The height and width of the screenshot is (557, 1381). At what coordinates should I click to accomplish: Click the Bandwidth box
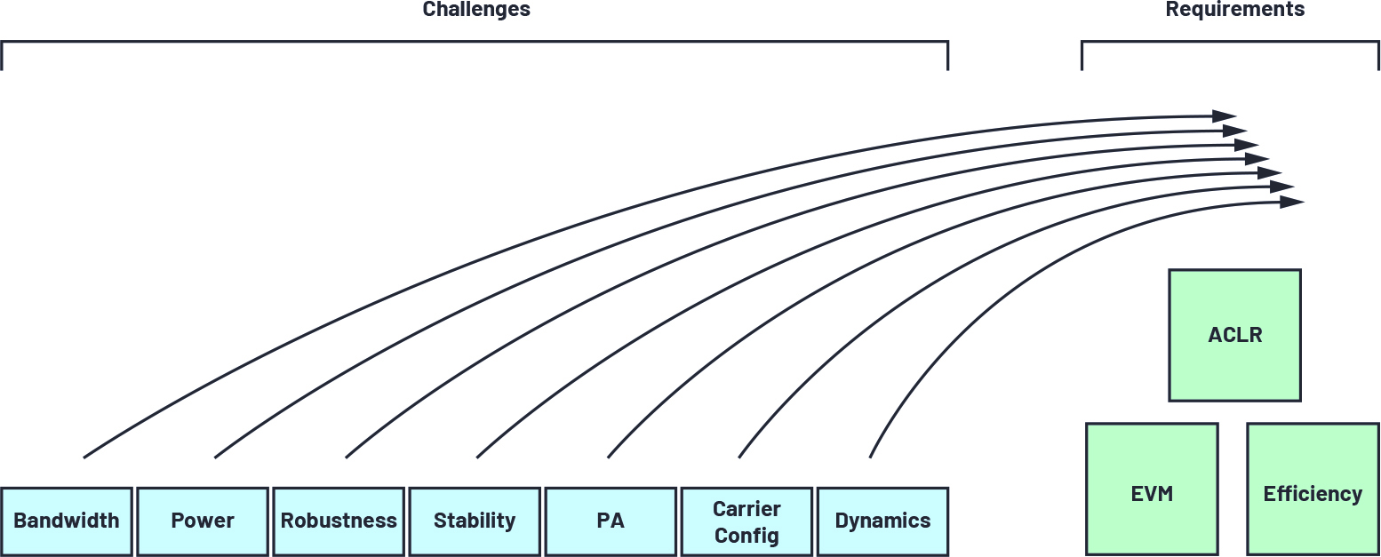click(x=67, y=521)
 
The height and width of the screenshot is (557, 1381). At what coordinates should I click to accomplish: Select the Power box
click(x=203, y=521)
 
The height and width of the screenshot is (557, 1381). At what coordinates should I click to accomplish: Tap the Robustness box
click(x=339, y=521)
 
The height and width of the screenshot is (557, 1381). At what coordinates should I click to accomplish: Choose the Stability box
click(x=475, y=521)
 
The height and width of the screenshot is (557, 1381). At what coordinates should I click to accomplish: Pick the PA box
click(x=611, y=521)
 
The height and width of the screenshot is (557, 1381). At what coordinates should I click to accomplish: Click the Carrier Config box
click(x=746, y=521)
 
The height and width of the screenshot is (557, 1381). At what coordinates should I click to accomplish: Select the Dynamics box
click(x=882, y=521)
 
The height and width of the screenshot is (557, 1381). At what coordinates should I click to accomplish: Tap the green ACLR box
click(x=1235, y=335)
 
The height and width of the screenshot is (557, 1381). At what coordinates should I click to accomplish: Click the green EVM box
click(x=1153, y=489)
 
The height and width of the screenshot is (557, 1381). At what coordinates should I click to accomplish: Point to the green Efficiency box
click(x=1313, y=489)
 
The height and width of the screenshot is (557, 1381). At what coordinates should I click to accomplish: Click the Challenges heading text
click(x=476, y=9)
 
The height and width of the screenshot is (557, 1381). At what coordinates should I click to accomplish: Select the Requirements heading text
click(x=1235, y=9)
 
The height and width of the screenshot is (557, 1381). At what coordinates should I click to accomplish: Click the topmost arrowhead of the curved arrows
click(x=1225, y=115)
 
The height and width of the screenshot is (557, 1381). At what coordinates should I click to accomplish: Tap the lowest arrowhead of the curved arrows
click(x=1292, y=202)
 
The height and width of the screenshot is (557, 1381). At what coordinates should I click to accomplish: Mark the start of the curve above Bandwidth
click(x=84, y=458)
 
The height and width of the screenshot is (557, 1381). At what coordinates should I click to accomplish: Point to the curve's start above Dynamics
click(x=870, y=458)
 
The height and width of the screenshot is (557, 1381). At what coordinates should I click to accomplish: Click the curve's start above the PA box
click(x=608, y=458)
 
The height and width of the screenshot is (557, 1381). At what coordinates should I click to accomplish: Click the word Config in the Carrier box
click(x=746, y=536)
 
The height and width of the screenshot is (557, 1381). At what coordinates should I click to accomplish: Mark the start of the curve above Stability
click(x=477, y=458)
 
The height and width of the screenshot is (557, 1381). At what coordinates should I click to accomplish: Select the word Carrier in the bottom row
click(x=746, y=509)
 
